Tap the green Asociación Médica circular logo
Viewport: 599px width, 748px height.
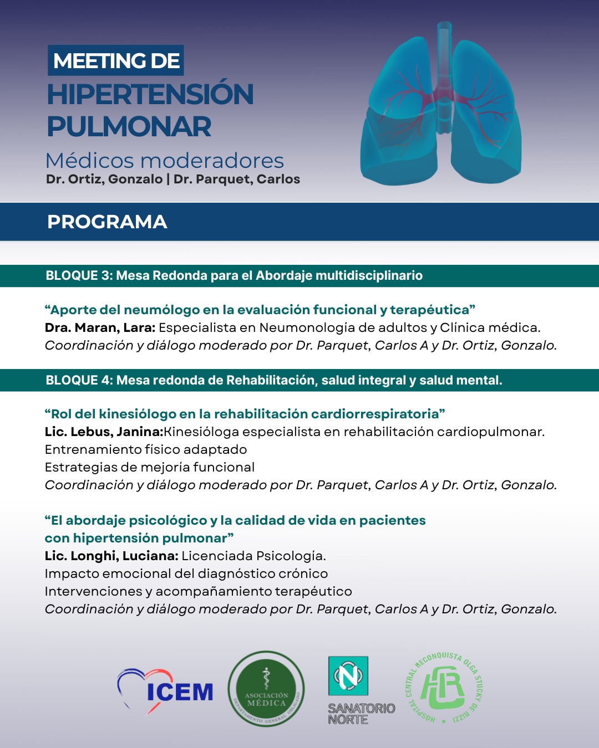coord(266,689)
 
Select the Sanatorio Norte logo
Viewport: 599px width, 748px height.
coord(355,690)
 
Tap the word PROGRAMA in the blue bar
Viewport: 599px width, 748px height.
coord(107,222)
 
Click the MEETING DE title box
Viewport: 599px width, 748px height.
coord(116,60)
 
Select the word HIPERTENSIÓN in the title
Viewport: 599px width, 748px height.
coord(150,94)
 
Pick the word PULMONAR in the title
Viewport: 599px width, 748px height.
coord(129,127)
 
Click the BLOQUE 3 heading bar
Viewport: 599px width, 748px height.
coord(234,275)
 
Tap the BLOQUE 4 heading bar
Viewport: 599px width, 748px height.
coord(274,380)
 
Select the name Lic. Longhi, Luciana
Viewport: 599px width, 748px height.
coord(111,556)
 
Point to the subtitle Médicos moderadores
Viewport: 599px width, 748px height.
coord(165,161)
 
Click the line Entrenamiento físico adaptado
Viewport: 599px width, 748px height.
coord(146,449)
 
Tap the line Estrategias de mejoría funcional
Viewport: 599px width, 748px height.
coord(150,467)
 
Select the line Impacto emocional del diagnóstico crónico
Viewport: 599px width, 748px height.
coord(186,573)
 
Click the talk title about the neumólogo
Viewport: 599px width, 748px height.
coord(260,310)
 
